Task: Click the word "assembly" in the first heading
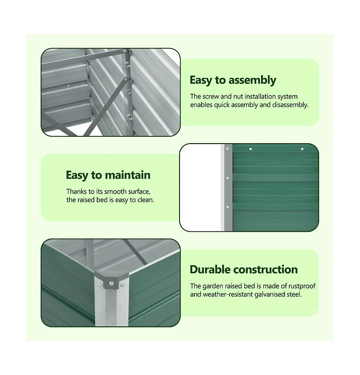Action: tap(252, 81)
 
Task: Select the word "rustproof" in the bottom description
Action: tap(300, 286)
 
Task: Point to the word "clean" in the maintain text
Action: tap(144, 199)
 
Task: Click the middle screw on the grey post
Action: tap(228, 178)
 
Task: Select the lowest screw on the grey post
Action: tap(228, 207)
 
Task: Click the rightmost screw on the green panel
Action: tap(302, 149)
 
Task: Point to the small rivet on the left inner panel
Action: tap(68, 84)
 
